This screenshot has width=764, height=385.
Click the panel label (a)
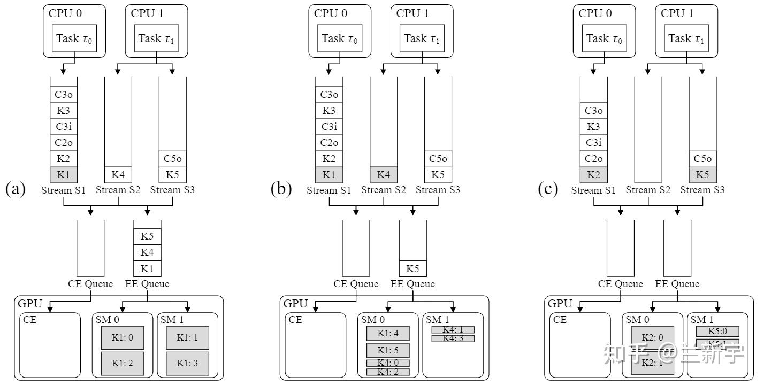[15, 189]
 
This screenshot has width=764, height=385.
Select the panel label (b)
[281, 189]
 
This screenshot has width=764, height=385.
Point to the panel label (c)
[547, 189]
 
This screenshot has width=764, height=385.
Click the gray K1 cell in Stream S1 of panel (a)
[64, 174]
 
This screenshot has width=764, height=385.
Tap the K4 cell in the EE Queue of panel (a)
[147, 252]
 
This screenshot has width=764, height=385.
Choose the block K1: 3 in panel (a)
[187, 363]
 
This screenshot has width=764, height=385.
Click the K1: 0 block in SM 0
[123, 338]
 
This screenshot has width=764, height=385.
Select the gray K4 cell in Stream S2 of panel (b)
[384, 174]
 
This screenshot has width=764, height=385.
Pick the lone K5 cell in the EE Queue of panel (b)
[413, 268]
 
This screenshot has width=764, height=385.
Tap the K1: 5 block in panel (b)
[388, 350]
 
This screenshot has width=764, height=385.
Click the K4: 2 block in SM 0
[388, 372]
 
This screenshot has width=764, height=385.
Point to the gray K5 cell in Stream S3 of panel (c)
[702, 174]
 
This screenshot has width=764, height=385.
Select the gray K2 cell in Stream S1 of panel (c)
[594, 174]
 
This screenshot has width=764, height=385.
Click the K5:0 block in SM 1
[717, 332]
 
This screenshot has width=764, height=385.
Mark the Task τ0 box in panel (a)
[74, 38]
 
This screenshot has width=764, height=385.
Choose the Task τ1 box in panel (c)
[687, 38]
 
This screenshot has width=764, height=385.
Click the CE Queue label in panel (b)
[356, 284]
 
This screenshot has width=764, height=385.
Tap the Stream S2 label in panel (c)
[648, 190]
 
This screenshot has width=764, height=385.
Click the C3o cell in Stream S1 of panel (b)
[329, 95]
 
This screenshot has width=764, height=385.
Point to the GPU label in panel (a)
[29, 304]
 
